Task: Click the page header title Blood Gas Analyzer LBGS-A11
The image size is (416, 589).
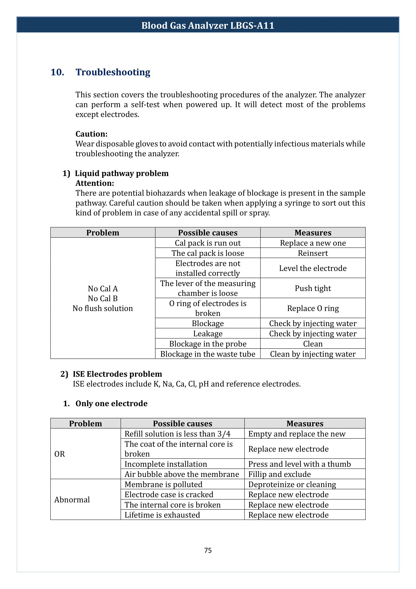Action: tap(208, 25)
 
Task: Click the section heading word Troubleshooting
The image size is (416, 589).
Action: tap(113, 72)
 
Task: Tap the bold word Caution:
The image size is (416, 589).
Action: tap(92, 134)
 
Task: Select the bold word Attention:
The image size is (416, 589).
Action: tap(95, 183)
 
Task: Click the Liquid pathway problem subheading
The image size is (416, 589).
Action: tap(121, 174)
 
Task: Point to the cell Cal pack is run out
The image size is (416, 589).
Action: tap(208, 243)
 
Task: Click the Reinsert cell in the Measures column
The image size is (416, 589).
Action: tap(313, 253)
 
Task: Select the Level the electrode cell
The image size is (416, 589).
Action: tap(313, 268)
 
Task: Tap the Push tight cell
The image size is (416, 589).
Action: tap(313, 288)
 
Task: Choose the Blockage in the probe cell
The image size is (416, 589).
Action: tap(208, 344)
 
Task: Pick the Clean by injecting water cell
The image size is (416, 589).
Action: tap(313, 354)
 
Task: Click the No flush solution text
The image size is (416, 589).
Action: tap(103, 308)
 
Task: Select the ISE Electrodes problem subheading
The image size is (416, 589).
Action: tap(117, 374)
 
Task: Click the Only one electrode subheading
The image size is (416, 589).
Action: tap(111, 403)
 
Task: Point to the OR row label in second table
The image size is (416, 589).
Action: tap(60, 454)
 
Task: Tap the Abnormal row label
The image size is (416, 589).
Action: tap(72, 500)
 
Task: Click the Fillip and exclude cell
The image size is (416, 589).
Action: tap(279, 474)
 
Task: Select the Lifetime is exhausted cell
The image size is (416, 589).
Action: tap(162, 515)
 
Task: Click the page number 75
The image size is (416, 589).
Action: tap(208, 550)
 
